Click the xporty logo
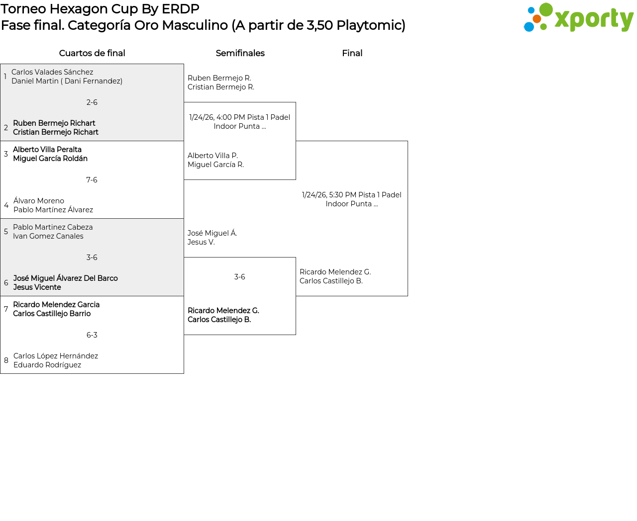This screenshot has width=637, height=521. [578, 18]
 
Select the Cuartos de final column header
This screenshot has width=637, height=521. [92, 53]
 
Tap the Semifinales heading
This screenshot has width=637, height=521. [240, 53]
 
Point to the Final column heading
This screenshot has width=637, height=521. [352, 53]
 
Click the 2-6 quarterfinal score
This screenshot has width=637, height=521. [92, 102]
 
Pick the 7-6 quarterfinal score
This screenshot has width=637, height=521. [92, 180]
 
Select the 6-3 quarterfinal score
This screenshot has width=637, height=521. [92, 335]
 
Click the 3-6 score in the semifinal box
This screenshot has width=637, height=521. [239, 277]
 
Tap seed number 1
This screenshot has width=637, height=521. [5, 77]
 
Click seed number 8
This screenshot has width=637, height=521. [6, 360]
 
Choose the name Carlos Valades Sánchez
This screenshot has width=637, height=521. [52, 72]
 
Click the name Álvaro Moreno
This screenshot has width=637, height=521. [39, 201]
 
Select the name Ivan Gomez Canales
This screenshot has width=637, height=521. [48, 236]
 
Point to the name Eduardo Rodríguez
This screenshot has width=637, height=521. [47, 365]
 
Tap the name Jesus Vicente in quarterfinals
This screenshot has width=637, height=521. [37, 287]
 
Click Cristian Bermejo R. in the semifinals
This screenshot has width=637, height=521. [221, 87]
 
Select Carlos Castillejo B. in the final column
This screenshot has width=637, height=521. [331, 281]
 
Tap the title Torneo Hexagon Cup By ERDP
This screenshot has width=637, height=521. [100, 9]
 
